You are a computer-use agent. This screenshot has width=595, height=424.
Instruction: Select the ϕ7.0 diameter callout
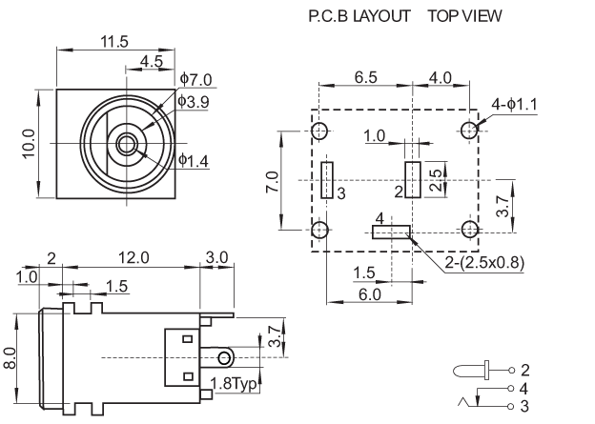click(x=197, y=80)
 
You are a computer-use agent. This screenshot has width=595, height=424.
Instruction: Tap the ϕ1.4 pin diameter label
click(x=195, y=161)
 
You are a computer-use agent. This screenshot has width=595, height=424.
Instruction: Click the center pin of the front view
click(x=126, y=145)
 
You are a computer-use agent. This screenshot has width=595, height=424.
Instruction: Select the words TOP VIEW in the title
click(x=463, y=16)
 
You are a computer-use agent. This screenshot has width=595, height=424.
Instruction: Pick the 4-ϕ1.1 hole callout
click(x=514, y=103)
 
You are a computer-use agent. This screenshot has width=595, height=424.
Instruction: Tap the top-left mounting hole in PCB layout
click(x=321, y=131)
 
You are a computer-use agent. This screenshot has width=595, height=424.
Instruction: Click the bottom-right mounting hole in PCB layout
click(x=469, y=230)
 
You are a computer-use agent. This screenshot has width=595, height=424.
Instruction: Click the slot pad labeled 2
click(x=412, y=179)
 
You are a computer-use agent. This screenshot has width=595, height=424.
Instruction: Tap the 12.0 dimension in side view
click(x=133, y=257)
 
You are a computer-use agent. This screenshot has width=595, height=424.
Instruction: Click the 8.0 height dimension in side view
click(x=10, y=358)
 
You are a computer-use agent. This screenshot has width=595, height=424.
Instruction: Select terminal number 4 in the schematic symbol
click(x=524, y=389)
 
